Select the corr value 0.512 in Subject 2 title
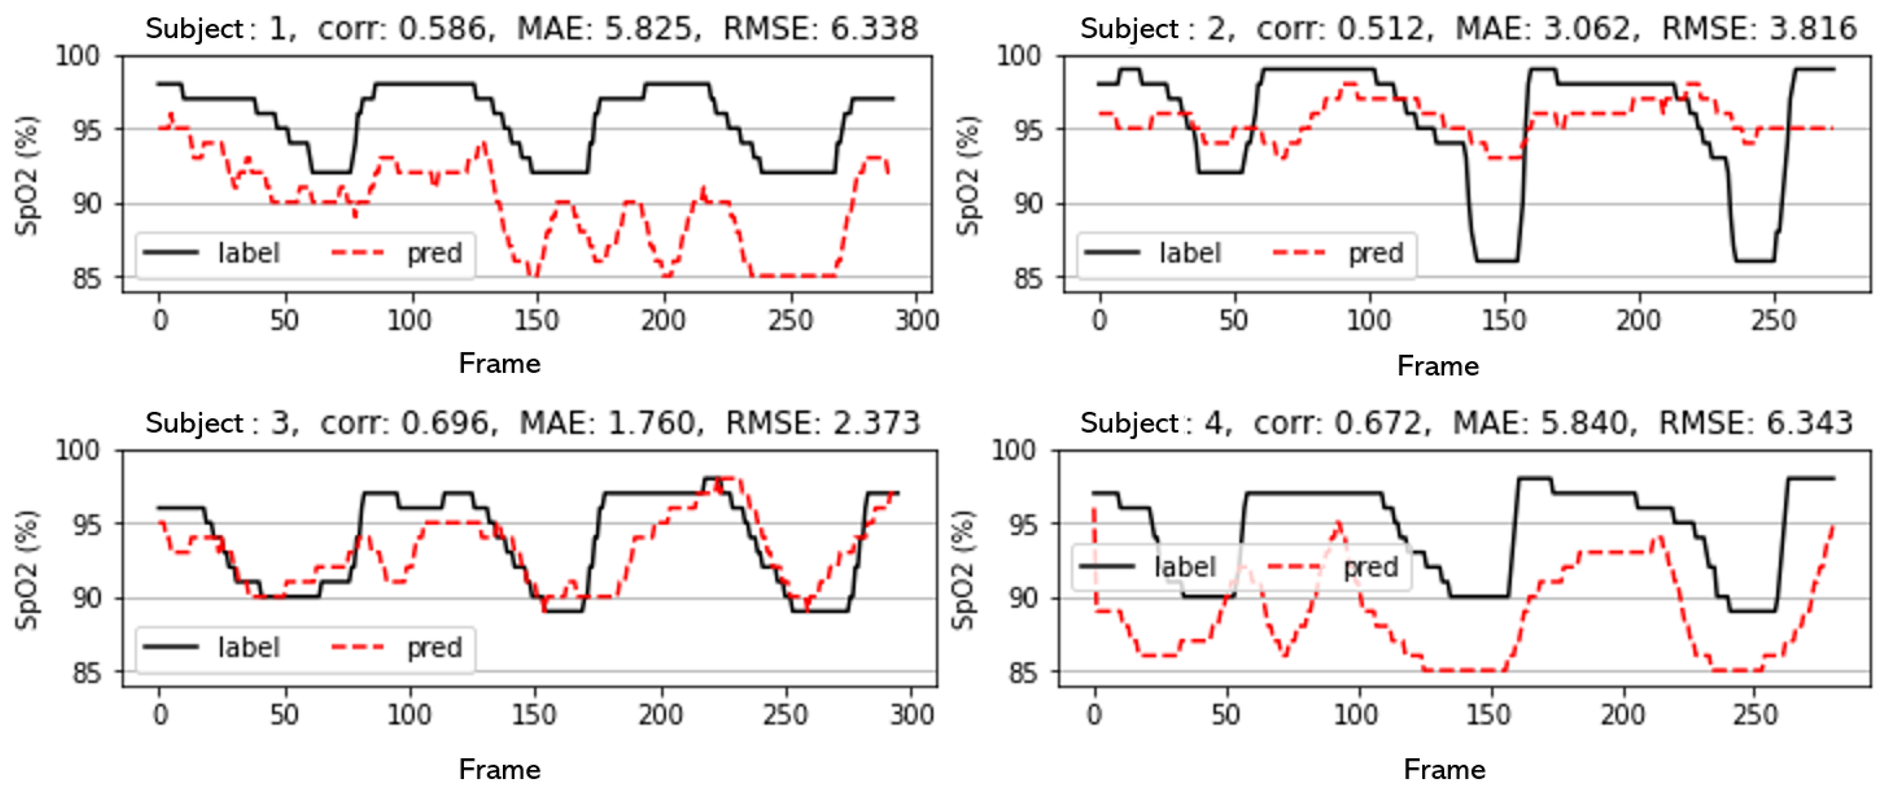(1379, 29)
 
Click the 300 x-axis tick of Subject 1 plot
(916, 321)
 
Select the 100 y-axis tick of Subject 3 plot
(77, 450)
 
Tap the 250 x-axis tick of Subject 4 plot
(1755, 715)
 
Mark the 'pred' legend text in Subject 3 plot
(434, 647)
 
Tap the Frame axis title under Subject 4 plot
(1444, 770)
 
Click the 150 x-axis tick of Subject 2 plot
(1504, 321)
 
